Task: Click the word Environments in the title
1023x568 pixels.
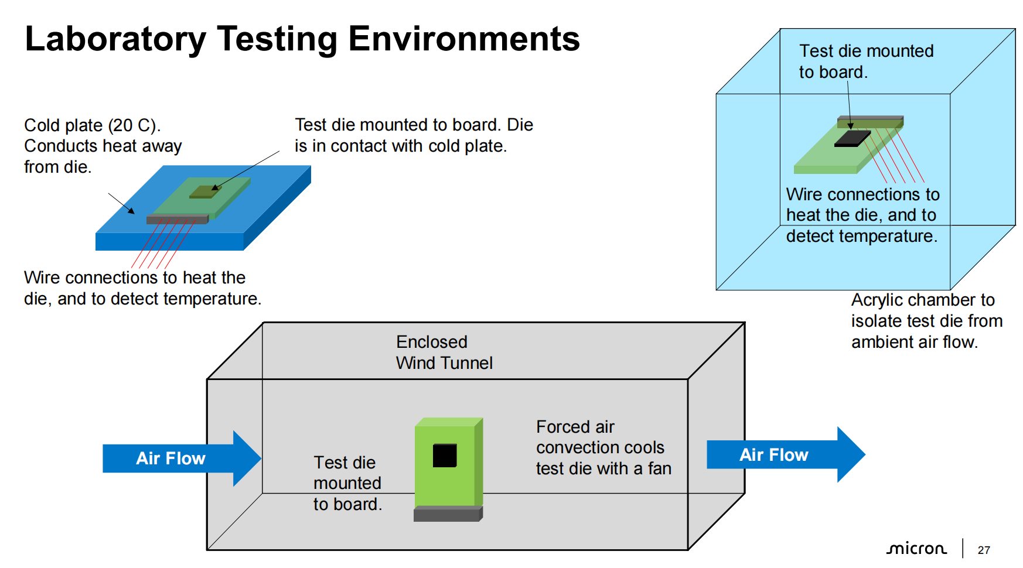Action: tap(464, 39)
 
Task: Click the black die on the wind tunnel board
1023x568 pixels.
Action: tap(445, 456)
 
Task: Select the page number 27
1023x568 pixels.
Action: tap(984, 550)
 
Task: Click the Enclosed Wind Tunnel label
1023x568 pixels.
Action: tap(444, 352)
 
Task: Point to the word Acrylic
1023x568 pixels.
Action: tap(877, 300)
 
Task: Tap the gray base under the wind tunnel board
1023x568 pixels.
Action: tap(448, 514)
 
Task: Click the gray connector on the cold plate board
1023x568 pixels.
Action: tap(177, 220)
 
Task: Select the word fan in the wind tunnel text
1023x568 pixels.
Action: tap(660, 468)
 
